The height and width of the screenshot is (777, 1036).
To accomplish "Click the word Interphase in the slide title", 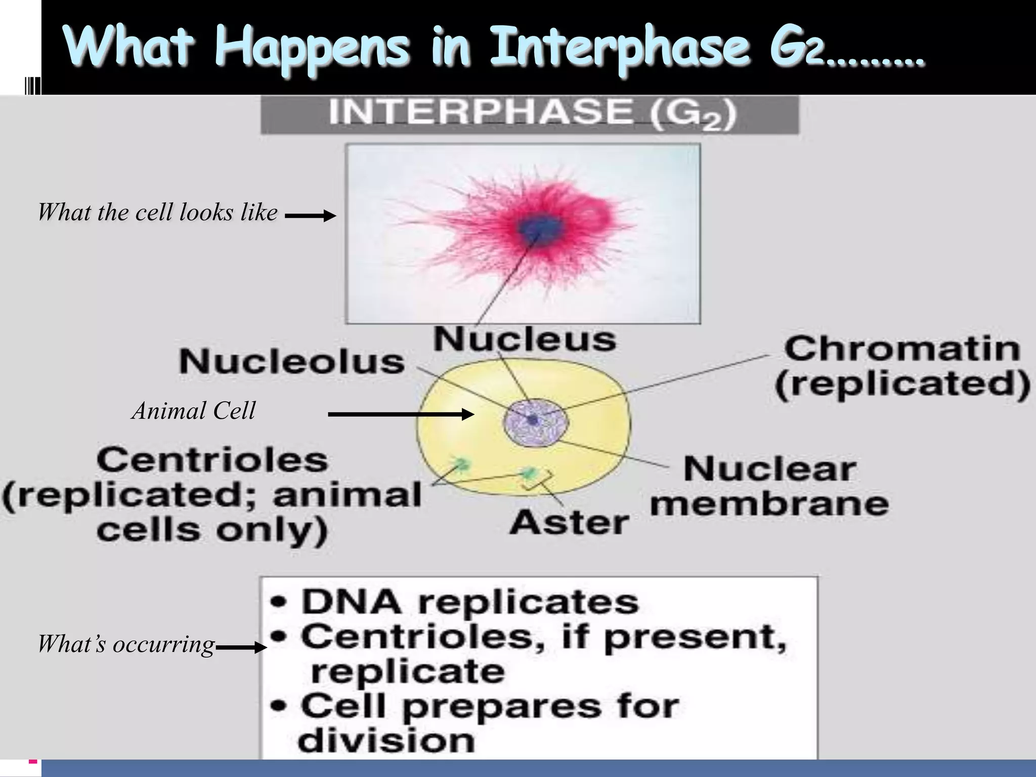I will coord(619,48).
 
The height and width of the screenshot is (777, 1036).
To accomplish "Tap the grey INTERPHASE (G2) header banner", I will coord(529,114).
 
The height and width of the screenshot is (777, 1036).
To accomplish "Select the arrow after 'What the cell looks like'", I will coord(310,216).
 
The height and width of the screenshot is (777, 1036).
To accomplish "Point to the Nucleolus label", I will coord(292,362).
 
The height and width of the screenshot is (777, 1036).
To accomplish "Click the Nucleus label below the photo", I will coord(525,339).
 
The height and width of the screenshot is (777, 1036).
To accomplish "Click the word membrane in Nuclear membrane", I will coord(769,504).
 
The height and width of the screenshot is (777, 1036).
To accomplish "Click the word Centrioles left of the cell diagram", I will coord(212,460).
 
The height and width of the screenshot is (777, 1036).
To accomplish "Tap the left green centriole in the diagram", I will coord(461,463).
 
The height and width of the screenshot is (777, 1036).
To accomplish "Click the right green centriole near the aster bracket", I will coord(529,473).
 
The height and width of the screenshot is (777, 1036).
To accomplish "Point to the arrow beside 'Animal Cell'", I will coord(401,415).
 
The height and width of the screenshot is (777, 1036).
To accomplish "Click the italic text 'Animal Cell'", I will coord(194,411).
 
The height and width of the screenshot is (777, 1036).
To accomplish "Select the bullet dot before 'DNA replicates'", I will coord(279,602).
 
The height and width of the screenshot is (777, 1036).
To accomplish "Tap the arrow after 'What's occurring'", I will coord(241,647).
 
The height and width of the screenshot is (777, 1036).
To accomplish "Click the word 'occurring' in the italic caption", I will coord(164,645).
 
